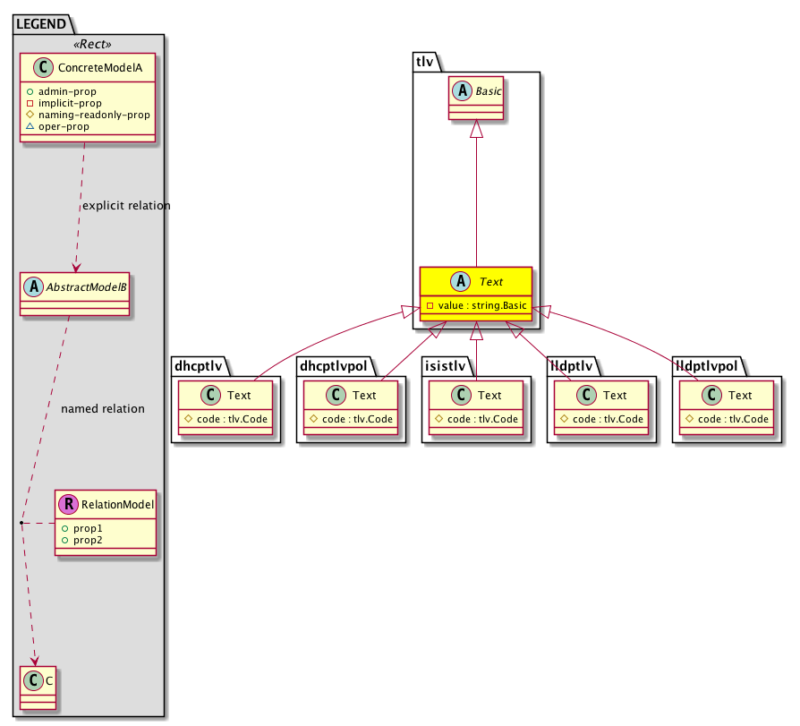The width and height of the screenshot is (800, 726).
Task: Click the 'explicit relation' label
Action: (126, 206)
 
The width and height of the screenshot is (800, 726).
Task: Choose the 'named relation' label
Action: (102, 409)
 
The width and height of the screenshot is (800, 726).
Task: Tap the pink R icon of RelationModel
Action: (68, 504)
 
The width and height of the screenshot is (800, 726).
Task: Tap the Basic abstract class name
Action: (488, 90)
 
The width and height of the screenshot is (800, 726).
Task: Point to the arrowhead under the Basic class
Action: (476, 129)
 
